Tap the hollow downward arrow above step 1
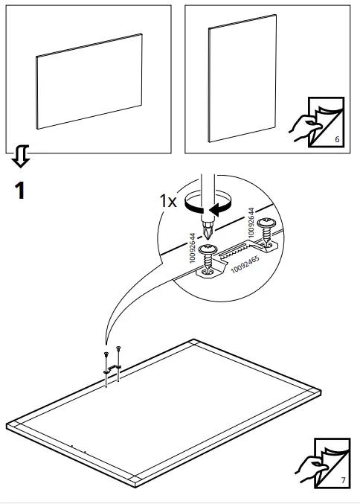click(21, 156)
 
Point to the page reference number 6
click(337, 139)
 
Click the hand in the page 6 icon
click(303, 127)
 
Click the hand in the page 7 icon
click(307, 468)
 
